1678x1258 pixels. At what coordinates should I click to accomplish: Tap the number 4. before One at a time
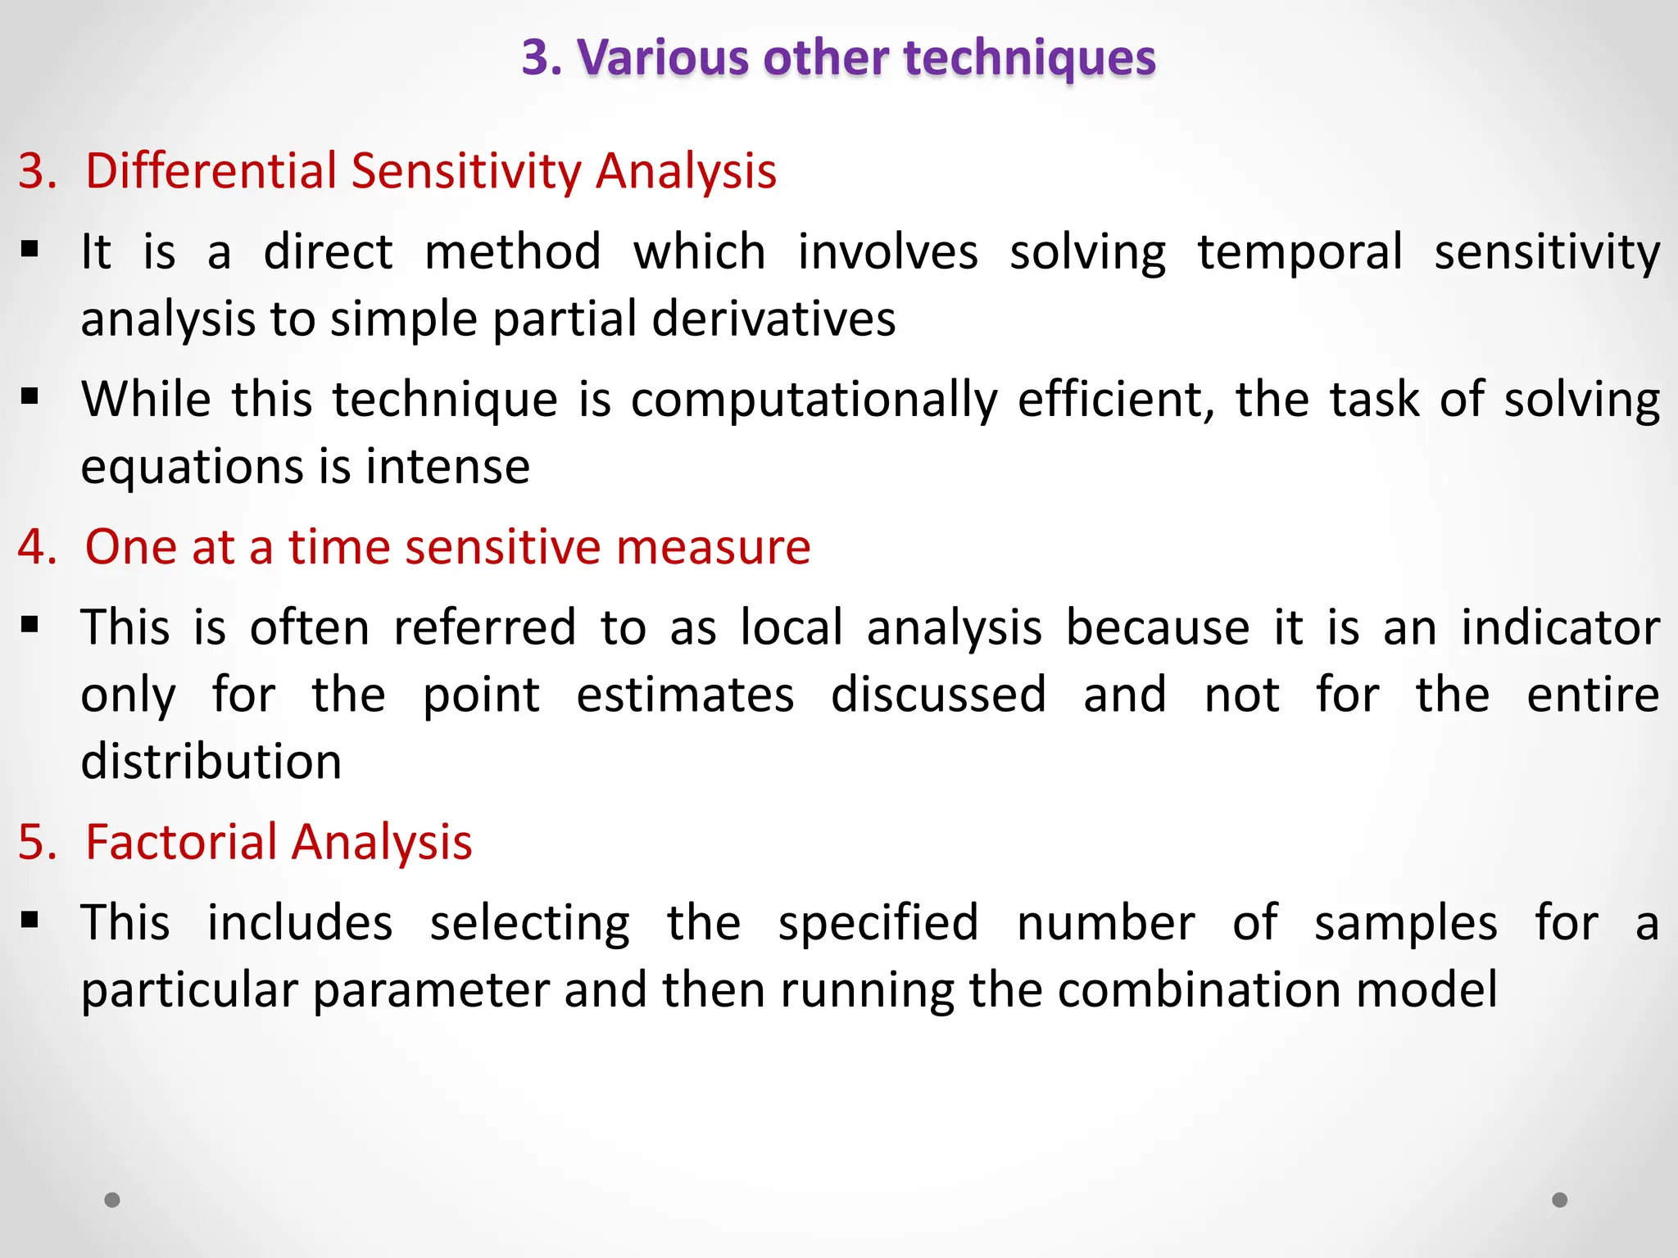coord(37,547)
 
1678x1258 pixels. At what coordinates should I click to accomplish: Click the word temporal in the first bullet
coord(1299,252)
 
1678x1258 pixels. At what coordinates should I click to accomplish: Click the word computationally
coord(814,400)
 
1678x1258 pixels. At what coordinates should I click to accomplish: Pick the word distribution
coord(211,762)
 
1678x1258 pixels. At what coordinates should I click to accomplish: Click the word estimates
coord(685,695)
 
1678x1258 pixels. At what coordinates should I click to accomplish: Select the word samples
coord(1405,923)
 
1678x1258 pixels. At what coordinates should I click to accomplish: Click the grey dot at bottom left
coord(112,1200)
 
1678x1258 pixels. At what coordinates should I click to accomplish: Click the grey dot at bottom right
coord(1560,1200)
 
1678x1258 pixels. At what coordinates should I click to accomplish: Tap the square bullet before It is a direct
coord(30,249)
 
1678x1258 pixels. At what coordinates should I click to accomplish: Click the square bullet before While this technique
coord(30,397)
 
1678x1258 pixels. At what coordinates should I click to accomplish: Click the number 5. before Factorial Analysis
coord(37,842)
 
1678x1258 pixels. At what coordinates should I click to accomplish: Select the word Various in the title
coord(662,59)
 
